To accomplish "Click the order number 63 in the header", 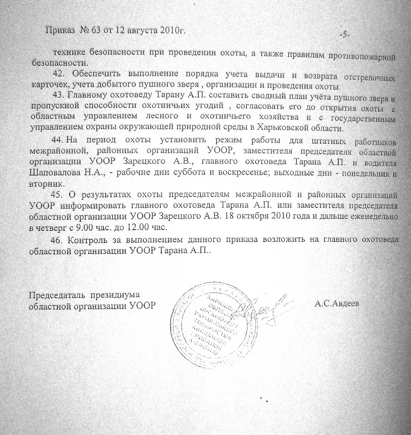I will (96, 30).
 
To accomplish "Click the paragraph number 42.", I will (58, 74).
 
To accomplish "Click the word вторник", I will (43, 183).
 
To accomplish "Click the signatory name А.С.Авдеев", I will (337, 304).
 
